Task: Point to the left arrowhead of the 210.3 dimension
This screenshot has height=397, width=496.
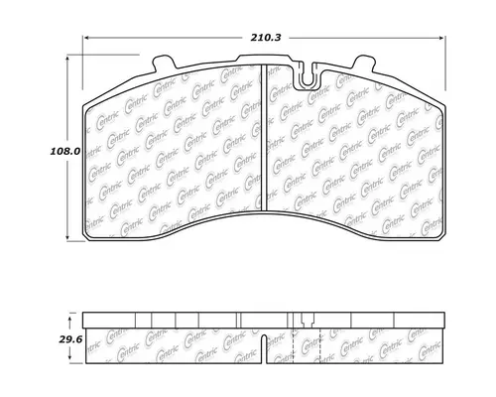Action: pos(82,39)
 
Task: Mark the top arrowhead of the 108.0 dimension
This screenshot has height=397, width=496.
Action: pos(66,56)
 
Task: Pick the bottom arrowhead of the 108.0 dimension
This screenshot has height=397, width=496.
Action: pos(66,239)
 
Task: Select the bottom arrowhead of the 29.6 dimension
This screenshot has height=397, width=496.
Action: pos(66,360)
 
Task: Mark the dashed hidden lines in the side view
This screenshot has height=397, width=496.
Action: pos(298,337)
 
